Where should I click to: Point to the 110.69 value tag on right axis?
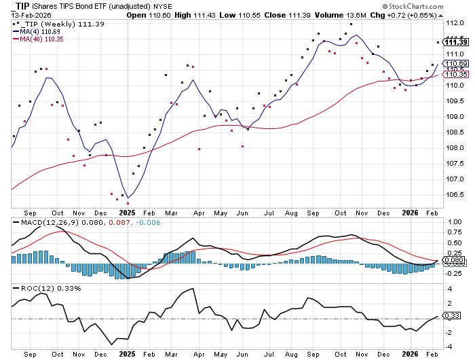click(453, 63)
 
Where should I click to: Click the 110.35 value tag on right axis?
click(453, 74)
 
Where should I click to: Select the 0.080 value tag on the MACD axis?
click(453, 260)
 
